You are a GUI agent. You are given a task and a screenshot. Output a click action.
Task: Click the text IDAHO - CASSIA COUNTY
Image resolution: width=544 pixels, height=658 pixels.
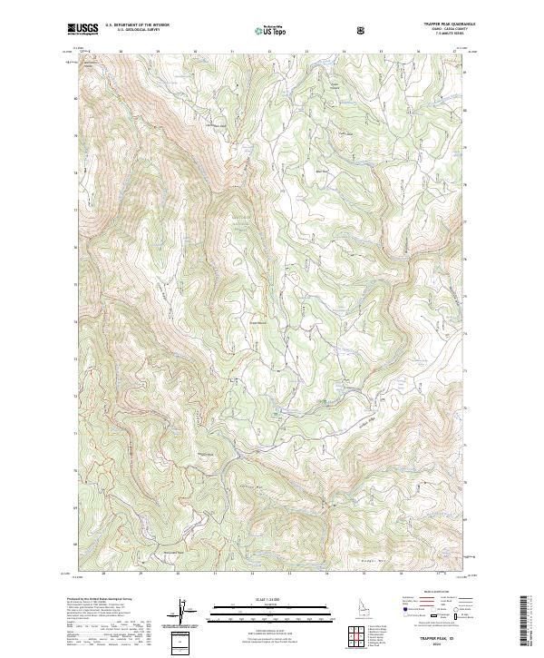click(x=448, y=31)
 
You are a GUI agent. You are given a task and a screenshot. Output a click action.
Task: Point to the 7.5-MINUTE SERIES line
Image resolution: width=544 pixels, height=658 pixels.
click(x=448, y=35)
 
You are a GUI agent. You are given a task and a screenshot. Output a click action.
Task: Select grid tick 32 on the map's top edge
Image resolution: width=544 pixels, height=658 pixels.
click(x=269, y=53)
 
